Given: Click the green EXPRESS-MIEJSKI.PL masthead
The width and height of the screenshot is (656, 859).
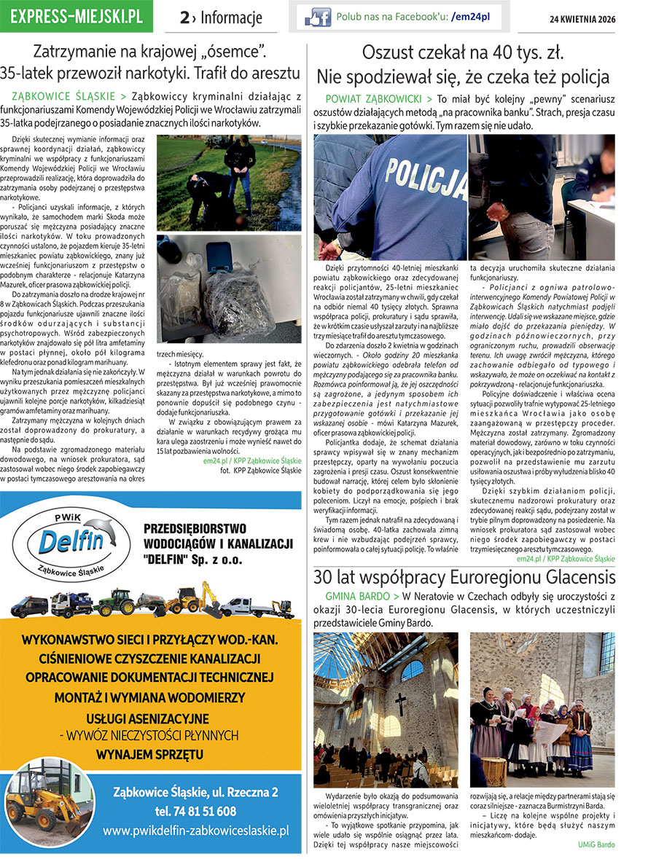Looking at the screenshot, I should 77,17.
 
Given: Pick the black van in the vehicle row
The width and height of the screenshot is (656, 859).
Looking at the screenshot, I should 29,606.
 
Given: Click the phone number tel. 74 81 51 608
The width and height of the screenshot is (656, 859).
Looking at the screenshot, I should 195,810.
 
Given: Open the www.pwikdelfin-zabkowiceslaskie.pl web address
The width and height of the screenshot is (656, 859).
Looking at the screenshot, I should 195,831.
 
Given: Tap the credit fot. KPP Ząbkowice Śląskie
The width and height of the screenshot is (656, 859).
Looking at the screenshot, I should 260,471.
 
